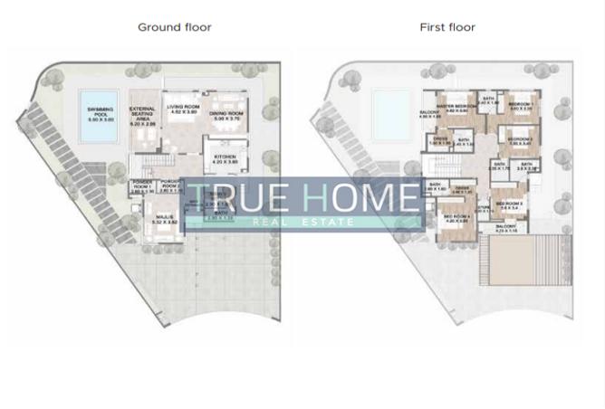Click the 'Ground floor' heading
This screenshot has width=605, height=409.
tap(175, 27)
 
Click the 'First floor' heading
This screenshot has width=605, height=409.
tap(447, 27)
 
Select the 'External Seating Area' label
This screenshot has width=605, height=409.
tap(143, 116)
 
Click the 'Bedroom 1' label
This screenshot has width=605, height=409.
tap(520, 105)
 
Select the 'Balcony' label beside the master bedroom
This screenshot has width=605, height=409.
tap(429, 113)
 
